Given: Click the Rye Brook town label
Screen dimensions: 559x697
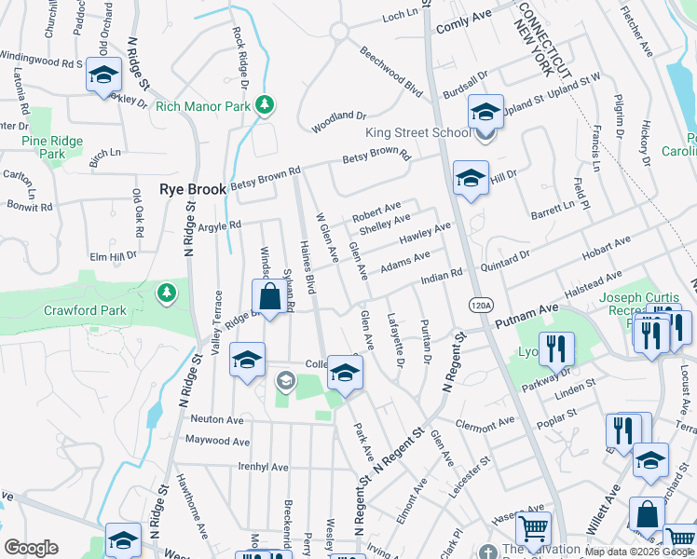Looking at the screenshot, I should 193,188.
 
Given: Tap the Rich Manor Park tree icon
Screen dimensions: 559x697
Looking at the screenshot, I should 266,104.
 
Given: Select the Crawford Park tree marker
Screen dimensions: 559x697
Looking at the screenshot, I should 167,293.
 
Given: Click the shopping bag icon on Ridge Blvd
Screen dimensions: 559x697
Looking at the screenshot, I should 269,298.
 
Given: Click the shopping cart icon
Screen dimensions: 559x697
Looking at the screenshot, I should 533,529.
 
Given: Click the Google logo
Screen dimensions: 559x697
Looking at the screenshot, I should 32,547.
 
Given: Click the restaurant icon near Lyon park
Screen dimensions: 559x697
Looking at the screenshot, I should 556,348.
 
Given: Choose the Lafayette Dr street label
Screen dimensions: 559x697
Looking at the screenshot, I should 395,338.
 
